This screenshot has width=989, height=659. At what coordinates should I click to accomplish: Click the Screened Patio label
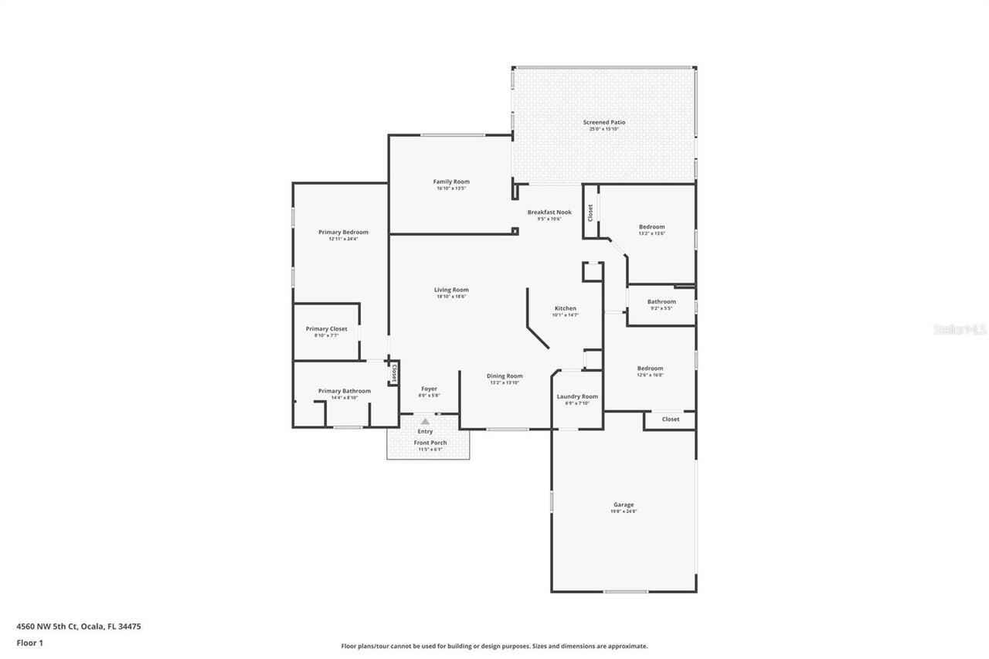604,122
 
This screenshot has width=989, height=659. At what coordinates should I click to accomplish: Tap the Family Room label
451,182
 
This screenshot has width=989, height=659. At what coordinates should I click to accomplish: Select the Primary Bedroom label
343,232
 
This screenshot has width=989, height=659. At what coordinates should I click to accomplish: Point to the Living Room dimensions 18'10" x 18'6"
451,297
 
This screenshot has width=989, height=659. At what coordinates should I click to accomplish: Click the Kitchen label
565,308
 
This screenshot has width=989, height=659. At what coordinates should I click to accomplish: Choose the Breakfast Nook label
549,212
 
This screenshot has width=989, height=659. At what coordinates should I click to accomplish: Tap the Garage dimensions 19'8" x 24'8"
624,511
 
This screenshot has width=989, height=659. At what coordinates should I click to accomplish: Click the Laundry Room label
577,396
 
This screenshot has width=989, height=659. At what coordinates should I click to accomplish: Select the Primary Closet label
326,328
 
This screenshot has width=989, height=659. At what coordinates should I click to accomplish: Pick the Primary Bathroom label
344,391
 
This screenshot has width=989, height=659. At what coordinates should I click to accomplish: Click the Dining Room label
505,376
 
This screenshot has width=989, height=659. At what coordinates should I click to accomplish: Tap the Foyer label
429,389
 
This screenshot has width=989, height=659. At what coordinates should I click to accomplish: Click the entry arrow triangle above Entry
425,421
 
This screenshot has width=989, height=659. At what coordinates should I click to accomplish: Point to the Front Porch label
430,443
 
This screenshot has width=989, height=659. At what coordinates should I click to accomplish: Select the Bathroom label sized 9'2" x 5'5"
661,301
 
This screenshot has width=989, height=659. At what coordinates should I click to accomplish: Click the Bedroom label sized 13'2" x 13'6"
651,226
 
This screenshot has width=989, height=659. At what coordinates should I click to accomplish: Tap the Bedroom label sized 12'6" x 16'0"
650,369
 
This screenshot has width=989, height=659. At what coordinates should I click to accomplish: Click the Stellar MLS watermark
960,329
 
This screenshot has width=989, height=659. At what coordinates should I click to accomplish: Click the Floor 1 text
29,642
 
